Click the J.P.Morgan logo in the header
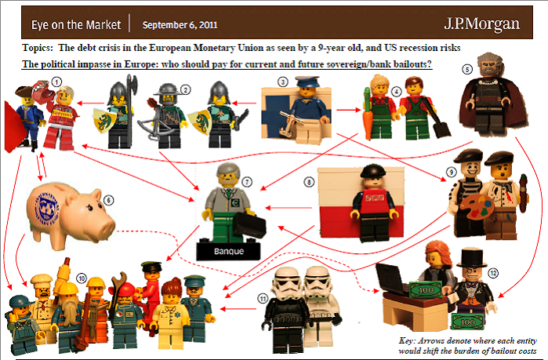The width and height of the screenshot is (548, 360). tap(481, 24)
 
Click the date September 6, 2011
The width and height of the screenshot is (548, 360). tap(180, 25)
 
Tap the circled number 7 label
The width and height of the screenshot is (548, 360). tap(247, 182)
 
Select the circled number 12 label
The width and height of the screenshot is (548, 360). tap(493, 273)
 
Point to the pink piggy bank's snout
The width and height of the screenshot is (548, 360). tap(106, 227)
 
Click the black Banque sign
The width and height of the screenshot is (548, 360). tap(229, 251)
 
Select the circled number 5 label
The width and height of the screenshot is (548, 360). tap(467, 69)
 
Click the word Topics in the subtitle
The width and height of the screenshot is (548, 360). tap(38, 48)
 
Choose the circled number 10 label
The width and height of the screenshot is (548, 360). tap(82, 278)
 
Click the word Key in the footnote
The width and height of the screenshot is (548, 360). tap(407, 340)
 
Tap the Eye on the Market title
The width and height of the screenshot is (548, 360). tap(76, 25)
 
